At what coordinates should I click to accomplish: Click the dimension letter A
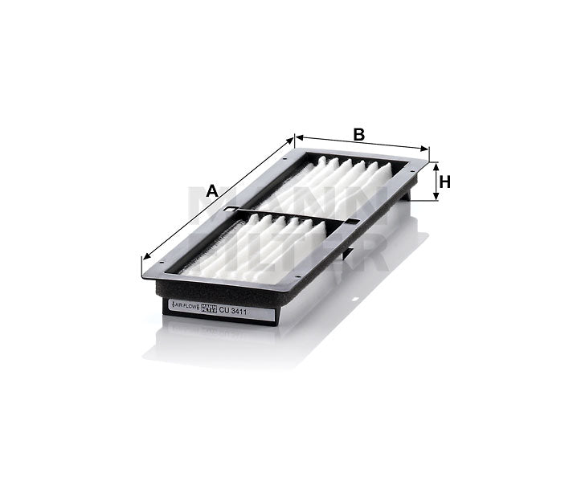[212, 191]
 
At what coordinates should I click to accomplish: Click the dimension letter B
[359, 134]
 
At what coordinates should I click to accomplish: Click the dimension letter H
[444, 182]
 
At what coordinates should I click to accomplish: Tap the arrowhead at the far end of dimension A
[292, 141]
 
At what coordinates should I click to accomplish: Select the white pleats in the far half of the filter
[338, 181]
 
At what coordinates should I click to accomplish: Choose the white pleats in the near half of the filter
[257, 249]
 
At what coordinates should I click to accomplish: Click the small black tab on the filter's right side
[347, 255]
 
